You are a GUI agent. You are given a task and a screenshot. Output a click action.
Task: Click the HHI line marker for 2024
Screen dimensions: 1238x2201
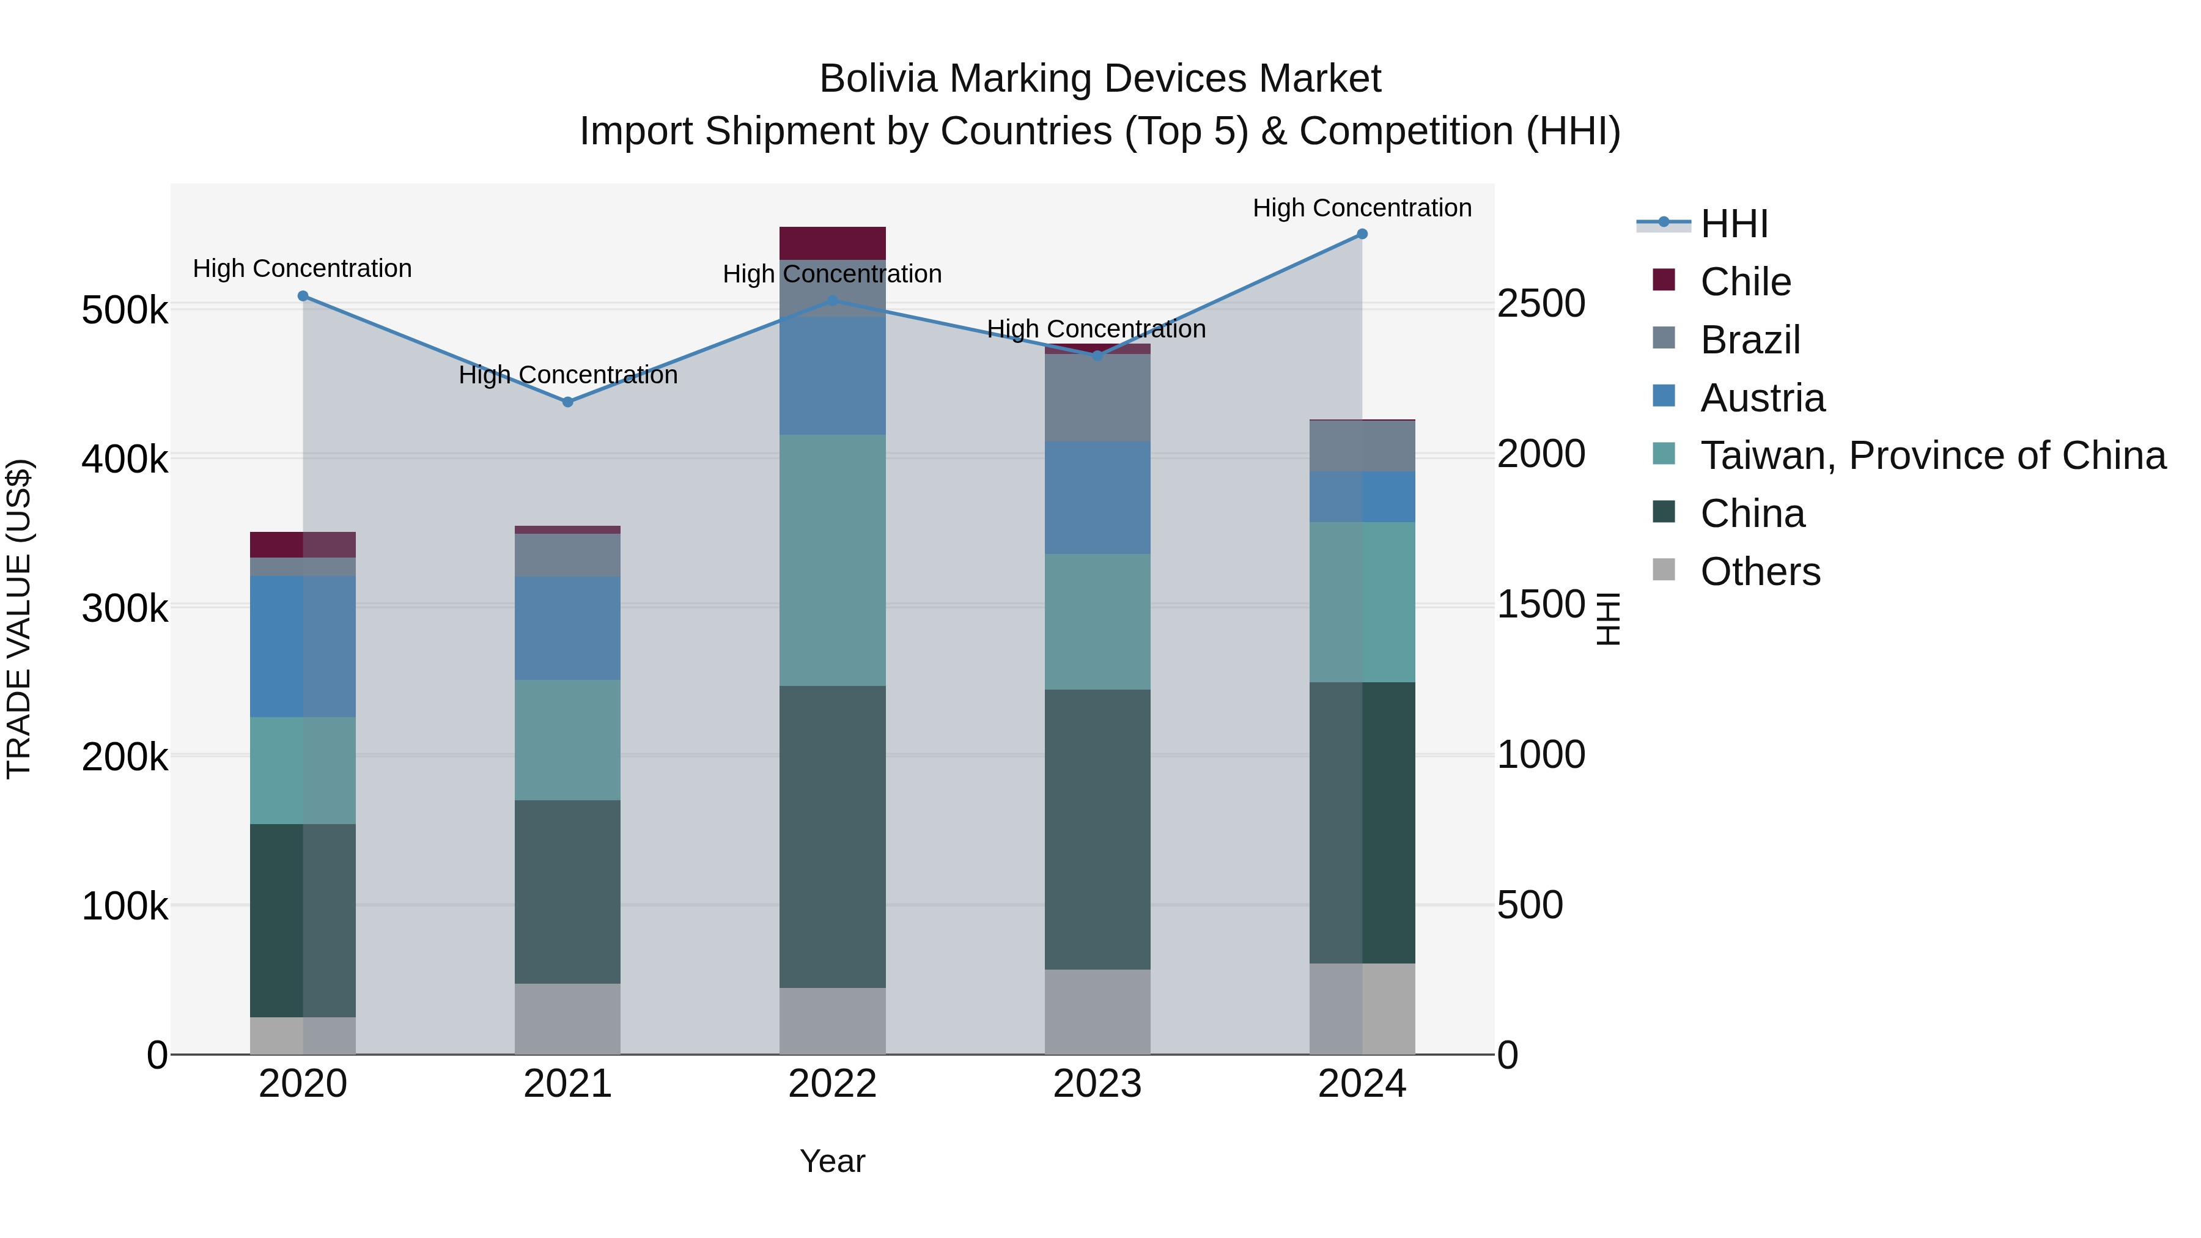[x=1362, y=234]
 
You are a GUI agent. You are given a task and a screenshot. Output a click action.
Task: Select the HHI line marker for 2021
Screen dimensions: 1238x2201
[x=567, y=402]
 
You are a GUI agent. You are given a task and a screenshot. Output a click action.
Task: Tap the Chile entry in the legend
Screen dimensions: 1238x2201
[x=1745, y=282]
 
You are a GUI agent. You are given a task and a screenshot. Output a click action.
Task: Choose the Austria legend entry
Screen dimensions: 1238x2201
[x=1762, y=398]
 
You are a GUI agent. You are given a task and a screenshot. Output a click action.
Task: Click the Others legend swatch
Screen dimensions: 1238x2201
[x=1664, y=569]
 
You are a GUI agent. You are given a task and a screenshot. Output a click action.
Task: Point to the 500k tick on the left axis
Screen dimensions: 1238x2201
[x=125, y=310]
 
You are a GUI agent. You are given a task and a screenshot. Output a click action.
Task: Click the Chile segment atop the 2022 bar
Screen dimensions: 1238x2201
[x=832, y=243]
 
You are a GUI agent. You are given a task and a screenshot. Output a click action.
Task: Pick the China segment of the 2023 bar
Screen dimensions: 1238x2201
[x=1097, y=829]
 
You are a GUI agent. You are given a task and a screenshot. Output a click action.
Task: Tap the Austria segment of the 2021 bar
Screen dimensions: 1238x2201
[x=567, y=628]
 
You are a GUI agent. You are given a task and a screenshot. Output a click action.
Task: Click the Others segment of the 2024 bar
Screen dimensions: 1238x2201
[x=1362, y=1008]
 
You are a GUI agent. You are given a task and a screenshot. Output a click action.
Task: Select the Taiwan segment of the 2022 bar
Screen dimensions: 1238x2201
[x=832, y=559]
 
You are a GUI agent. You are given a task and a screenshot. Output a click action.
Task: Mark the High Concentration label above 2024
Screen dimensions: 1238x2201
[x=1362, y=208]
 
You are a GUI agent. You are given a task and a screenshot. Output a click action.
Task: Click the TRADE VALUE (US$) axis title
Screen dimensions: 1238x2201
[x=19, y=619]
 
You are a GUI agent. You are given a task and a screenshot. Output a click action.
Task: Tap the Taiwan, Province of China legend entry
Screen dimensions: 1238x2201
[x=1933, y=456]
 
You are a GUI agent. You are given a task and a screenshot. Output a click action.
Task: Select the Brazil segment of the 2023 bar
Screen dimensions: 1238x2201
[x=1097, y=397]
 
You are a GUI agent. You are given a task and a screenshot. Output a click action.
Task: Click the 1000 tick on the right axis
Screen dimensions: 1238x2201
[x=1541, y=755]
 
